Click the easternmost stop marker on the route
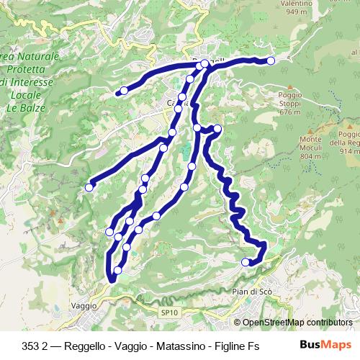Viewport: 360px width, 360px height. click(271, 61)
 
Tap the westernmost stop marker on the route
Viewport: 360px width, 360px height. click(89, 187)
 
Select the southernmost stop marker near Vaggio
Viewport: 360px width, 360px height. click(117, 271)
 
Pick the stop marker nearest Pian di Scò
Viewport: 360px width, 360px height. click(246, 262)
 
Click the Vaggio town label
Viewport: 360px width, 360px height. click(84, 305)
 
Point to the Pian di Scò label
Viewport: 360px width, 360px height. click(251, 291)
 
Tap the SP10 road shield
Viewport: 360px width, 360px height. click(168, 312)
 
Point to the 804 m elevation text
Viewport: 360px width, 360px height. click(310, 156)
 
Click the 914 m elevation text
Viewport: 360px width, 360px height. click(350, 151)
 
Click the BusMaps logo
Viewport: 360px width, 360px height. click(326, 345)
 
